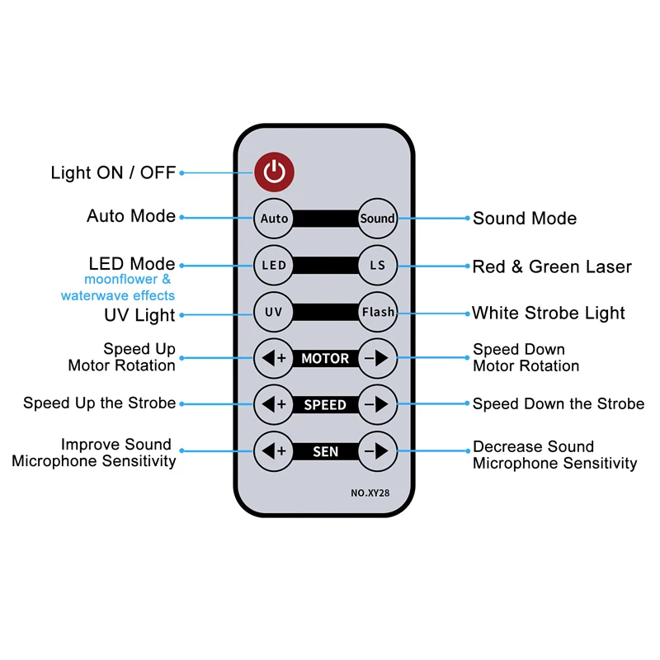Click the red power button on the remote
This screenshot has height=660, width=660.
[274, 172]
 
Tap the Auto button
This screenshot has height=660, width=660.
[274, 219]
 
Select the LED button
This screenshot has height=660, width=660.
[274, 265]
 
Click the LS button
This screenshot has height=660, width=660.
[377, 265]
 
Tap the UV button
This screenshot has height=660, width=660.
[274, 312]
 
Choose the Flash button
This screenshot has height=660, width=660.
[377, 312]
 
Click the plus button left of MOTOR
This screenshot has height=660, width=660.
[274, 359]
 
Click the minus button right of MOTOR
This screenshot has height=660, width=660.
[377, 359]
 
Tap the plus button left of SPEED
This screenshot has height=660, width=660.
[274, 404]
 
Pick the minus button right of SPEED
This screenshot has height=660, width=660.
[377, 404]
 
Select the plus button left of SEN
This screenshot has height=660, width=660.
[274, 451]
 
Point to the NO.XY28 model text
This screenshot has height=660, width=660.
[370, 493]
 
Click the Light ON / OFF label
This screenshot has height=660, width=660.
[113, 172]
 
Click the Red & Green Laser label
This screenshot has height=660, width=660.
[552, 266]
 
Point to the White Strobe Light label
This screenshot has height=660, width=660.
[549, 313]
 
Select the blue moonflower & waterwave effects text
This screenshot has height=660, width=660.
[118, 288]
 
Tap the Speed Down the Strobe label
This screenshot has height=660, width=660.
[559, 404]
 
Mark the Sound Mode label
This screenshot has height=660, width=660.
[525, 219]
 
